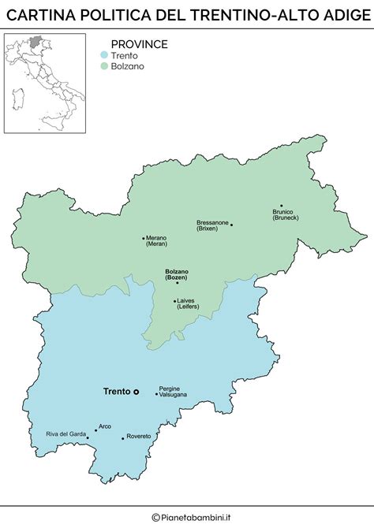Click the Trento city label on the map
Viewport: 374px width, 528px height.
(117, 391)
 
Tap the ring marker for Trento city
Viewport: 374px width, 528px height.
(136, 391)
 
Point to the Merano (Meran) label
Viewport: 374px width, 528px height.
(157, 241)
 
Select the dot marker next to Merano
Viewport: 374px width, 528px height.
(143, 238)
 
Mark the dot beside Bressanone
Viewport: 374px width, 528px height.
(231, 225)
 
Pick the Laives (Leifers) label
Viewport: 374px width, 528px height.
(186, 303)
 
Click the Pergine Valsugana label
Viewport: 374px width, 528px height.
(173, 391)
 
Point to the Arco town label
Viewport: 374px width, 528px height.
(105, 426)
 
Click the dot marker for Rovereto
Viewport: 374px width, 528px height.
(122, 437)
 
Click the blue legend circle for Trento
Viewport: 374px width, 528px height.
(103, 55)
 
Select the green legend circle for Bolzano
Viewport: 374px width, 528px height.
(103, 66)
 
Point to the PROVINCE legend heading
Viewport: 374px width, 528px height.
(139, 44)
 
